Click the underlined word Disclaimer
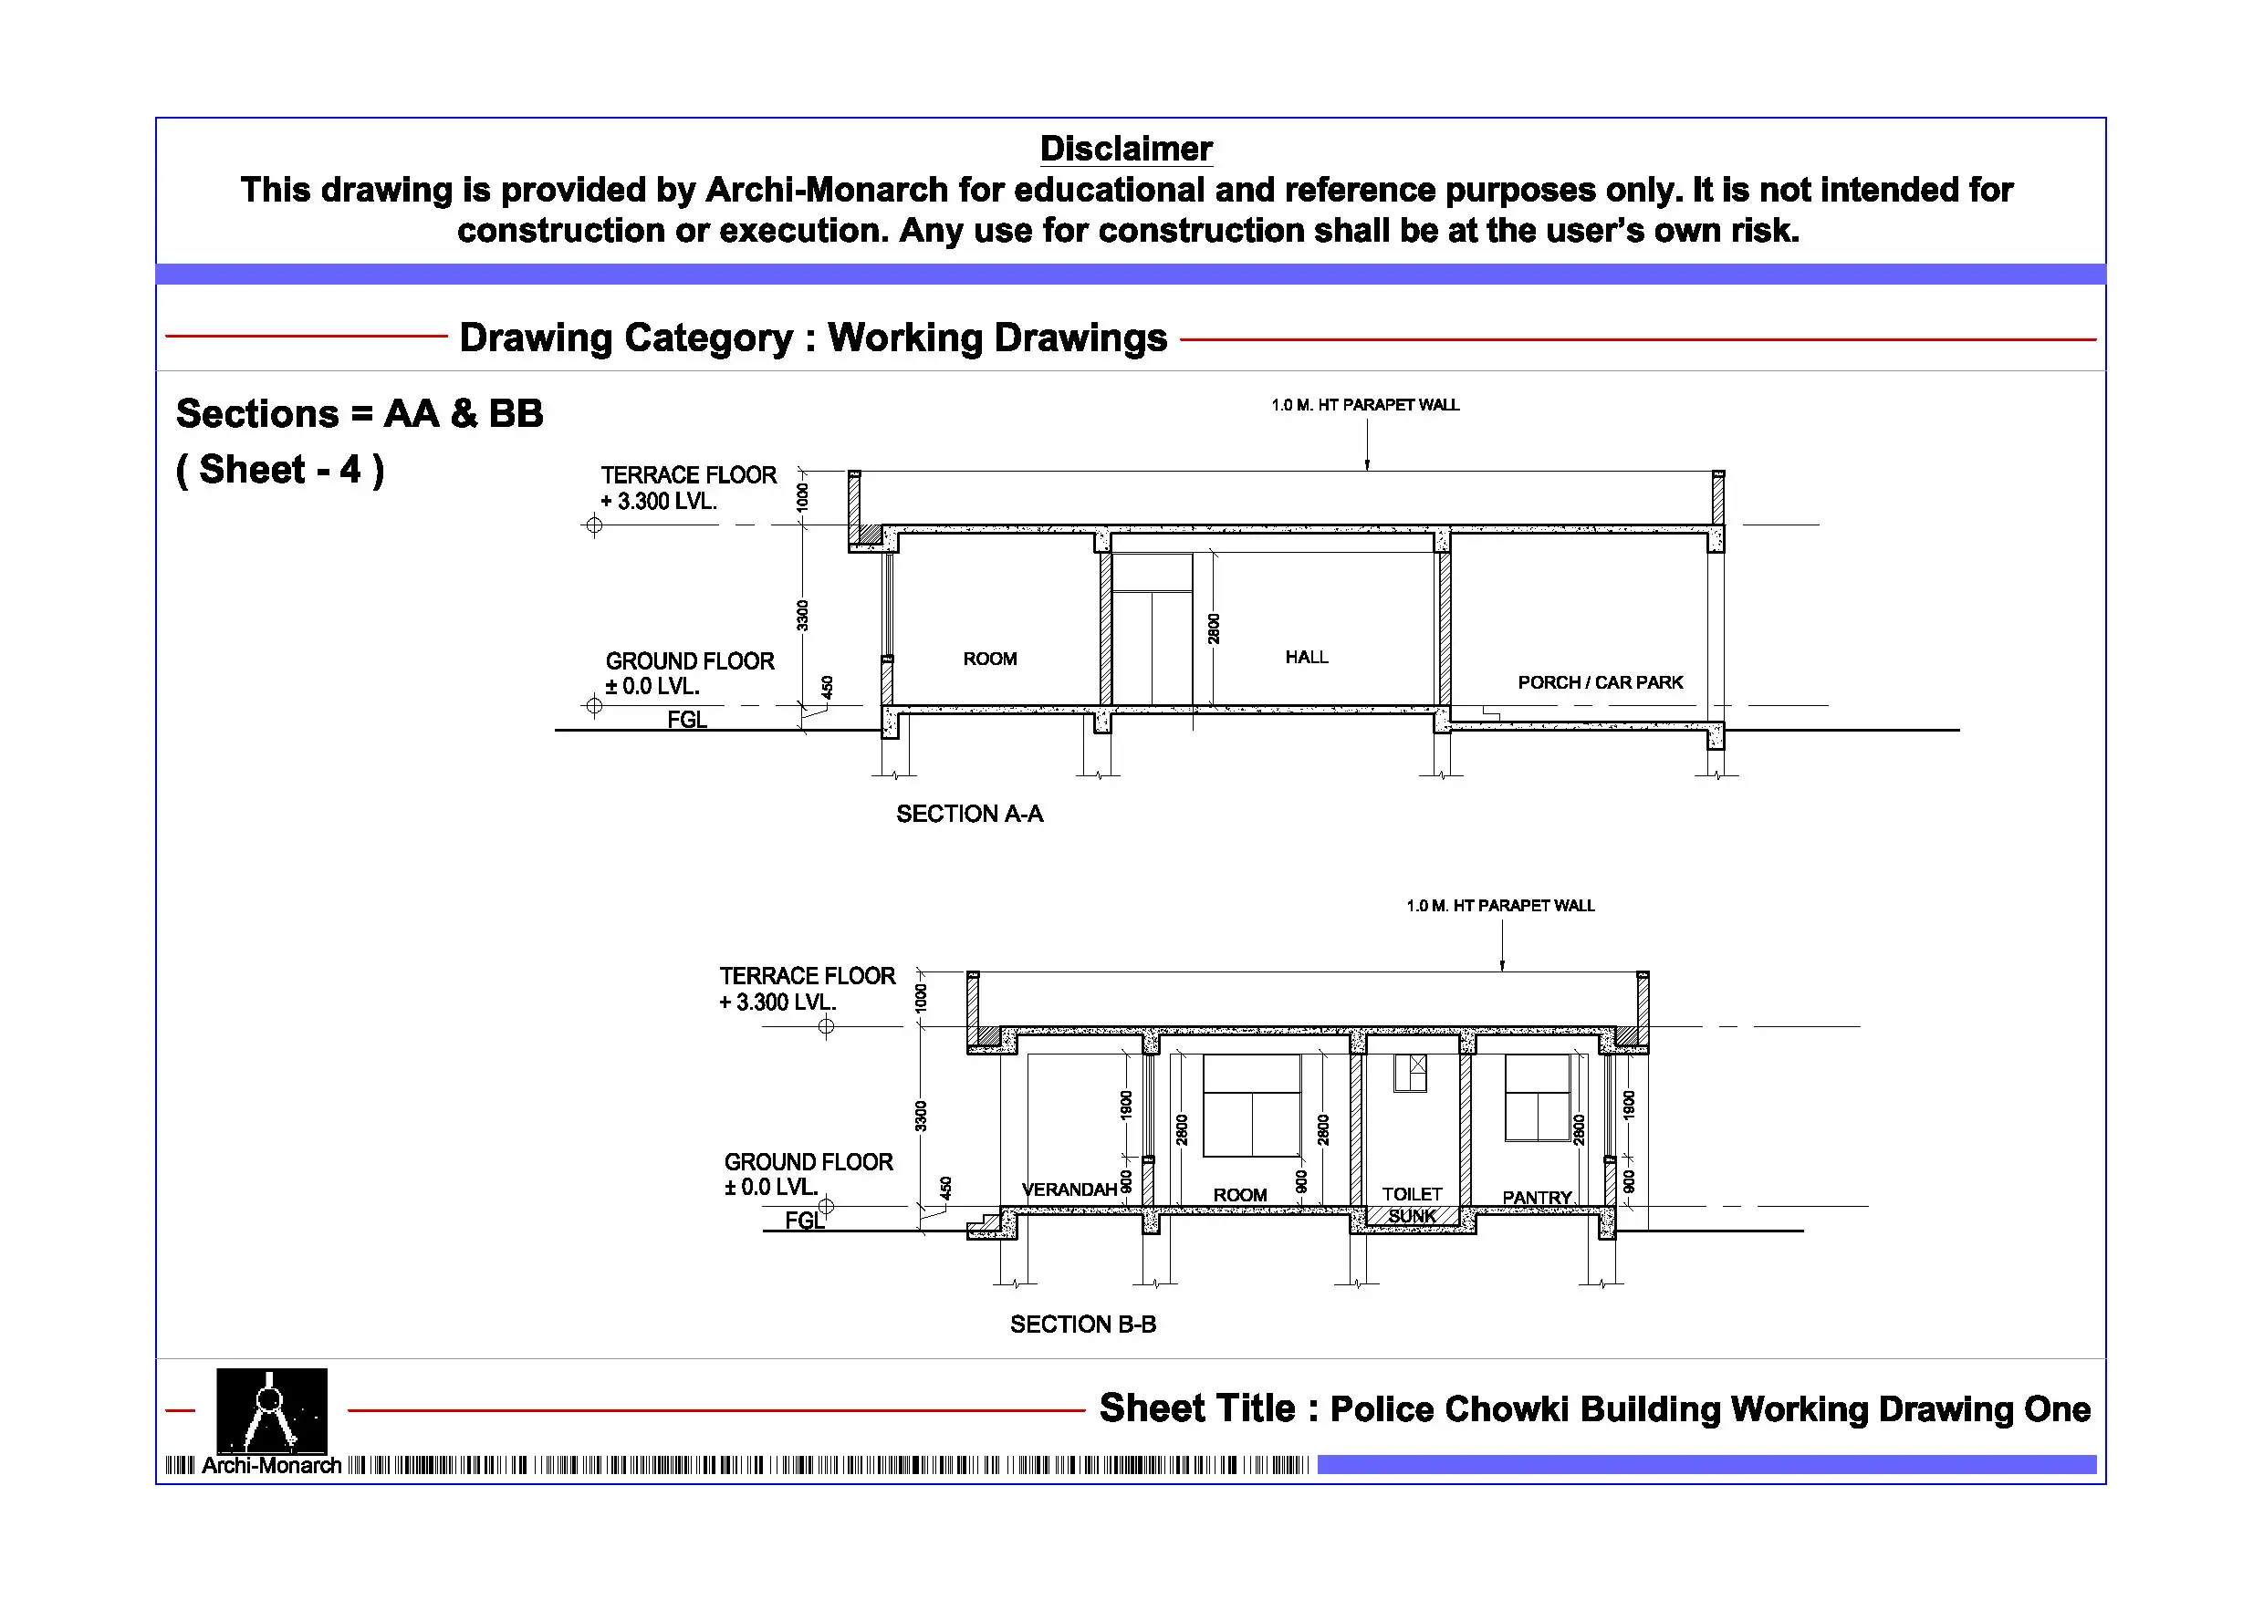[x=1126, y=149]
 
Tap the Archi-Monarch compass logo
[x=271, y=1409]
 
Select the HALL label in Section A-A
[x=1307, y=657]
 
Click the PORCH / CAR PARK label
[x=1600, y=682]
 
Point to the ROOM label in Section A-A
[x=990, y=659]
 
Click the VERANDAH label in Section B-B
[x=1069, y=1189]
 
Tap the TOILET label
[x=1412, y=1194]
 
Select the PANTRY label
[x=1537, y=1197]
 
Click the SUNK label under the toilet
[x=1412, y=1217]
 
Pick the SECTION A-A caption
[x=969, y=814]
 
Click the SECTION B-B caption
[x=1082, y=1324]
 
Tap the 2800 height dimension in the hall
[x=1214, y=628]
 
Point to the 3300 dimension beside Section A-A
[x=803, y=615]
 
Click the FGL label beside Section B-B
[x=804, y=1221]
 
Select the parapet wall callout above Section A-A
[x=1365, y=405]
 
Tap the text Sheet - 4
[x=280, y=471]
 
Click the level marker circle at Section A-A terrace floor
[x=594, y=525]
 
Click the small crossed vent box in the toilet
[x=1418, y=1065]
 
